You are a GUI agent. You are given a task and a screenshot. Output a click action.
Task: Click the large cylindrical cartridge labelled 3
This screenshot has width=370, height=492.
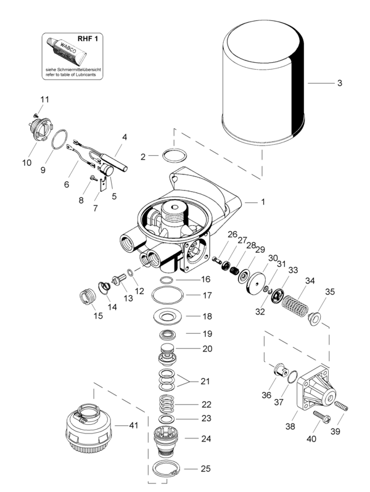click(263, 83)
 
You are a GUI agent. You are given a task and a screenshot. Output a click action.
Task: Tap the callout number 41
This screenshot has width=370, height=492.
click(133, 425)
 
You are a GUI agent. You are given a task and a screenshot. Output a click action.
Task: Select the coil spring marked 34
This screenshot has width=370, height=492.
click(294, 306)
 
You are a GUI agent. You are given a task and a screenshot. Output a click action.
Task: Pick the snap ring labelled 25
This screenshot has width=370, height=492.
click(166, 469)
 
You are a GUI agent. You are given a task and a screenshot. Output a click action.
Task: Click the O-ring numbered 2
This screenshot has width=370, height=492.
click(175, 155)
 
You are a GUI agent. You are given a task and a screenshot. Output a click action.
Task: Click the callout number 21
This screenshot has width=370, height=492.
click(205, 381)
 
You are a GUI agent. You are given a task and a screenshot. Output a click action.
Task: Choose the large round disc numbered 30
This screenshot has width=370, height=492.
click(256, 284)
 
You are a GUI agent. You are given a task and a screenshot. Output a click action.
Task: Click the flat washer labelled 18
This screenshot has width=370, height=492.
click(168, 316)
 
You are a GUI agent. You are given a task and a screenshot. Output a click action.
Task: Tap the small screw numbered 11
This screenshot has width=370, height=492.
click(36, 115)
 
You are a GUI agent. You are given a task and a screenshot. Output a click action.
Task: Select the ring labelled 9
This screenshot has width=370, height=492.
click(59, 139)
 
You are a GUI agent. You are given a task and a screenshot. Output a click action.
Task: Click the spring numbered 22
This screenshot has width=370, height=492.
click(166, 404)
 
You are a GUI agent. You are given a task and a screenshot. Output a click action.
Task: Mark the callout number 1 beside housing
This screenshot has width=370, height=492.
click(263, 202)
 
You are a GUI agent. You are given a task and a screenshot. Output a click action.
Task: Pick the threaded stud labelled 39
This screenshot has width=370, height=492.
click(342, 406)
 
